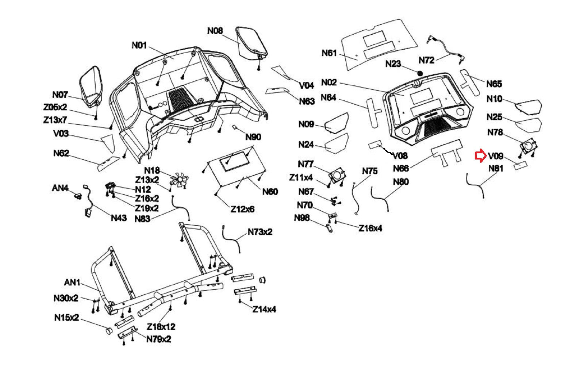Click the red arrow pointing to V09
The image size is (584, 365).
click(x=480, y=156)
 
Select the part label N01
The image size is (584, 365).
click(x=139, y=45)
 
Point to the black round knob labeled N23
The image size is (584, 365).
click(x=420, y=73)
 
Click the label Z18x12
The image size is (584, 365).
click(x=161, y=326)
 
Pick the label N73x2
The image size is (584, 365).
click(x=260, y=232)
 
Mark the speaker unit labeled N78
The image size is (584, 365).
click(x=528, y=146)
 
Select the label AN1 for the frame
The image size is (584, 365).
click(x=72, y=283)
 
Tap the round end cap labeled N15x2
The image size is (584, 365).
click(x=108, y=331)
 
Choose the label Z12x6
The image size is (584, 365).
click(x=242, y=209)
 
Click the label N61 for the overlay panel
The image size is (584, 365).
click(x=329, y=53)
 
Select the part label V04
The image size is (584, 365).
click(x=307, y=85)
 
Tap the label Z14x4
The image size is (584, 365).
click(x=264, y=309)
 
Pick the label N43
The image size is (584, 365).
click(x=119, y=218)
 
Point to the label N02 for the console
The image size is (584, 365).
click(x=329, y=82)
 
